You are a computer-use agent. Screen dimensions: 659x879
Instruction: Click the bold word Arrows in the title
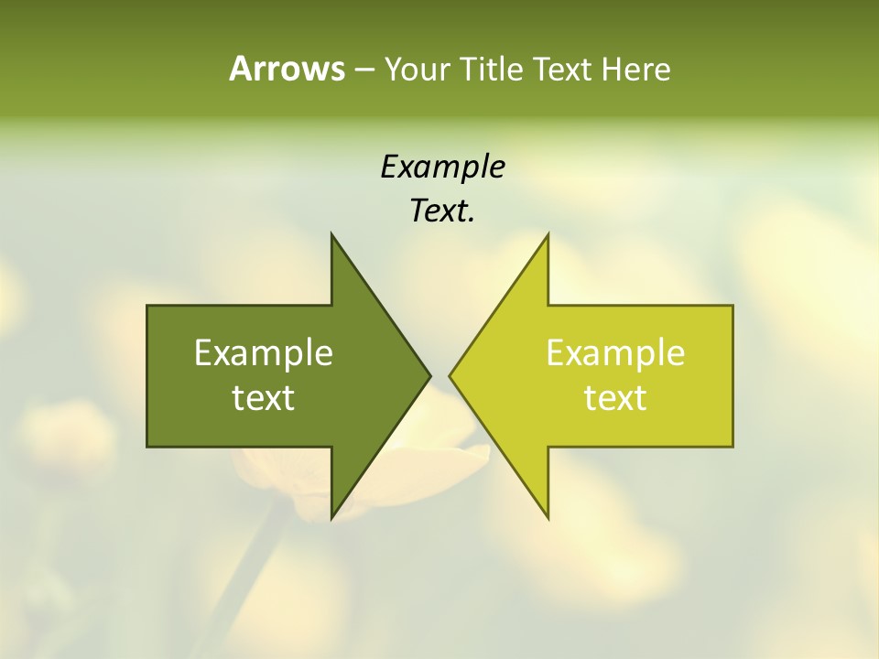[287, 69]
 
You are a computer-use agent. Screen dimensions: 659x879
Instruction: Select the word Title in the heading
[490, 69]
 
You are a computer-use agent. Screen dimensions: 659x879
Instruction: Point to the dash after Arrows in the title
[364, 70]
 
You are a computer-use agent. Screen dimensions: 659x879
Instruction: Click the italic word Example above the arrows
[442, 167]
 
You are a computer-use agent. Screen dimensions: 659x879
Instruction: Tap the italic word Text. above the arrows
[442, 211]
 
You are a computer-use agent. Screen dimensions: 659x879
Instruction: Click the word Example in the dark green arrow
[264, 353]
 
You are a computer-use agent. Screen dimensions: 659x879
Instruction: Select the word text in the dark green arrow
[264, 398]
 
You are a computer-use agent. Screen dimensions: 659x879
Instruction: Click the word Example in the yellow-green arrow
[615, 353]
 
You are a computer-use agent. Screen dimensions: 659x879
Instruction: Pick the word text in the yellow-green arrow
[615, 398]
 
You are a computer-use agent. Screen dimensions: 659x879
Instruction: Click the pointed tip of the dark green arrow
[428, 375]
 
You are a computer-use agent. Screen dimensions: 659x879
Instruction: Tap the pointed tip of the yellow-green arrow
[451, 375]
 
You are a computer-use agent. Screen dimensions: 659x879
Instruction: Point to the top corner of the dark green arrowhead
[332, 236]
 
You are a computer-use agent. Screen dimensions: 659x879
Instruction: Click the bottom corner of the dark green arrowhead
[332, 516]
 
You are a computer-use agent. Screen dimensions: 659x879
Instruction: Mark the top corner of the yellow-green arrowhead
[548, 236]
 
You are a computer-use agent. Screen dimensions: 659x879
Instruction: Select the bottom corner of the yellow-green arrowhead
[548, 516]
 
